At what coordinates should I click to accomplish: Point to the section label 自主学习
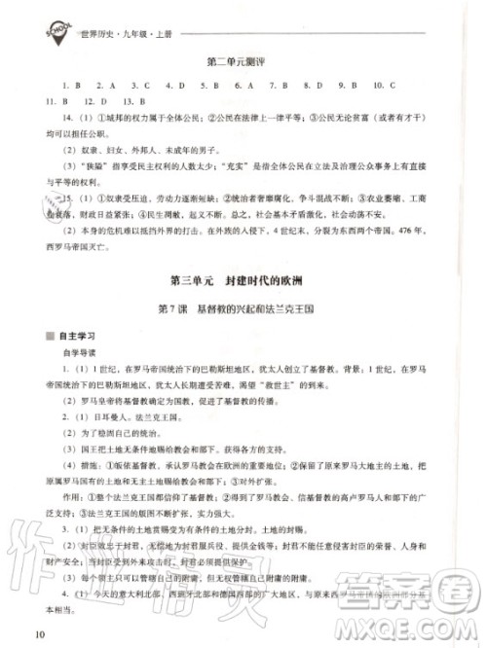pyautogui.click(x=79, y=337)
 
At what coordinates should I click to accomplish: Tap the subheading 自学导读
pyautogui.click(x=82, y=354)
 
